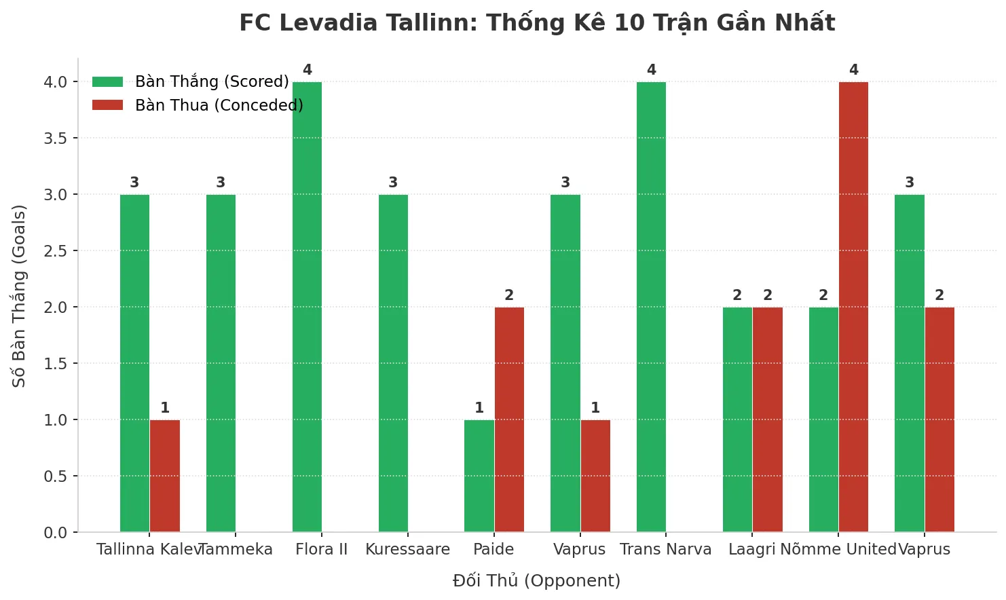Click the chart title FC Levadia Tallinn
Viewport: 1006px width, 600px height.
tap(537, 23)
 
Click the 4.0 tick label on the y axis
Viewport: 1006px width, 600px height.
tap(56, 82)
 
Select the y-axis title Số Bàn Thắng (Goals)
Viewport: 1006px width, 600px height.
tap(19, 296)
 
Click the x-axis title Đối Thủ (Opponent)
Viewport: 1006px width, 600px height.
tap(536, 581)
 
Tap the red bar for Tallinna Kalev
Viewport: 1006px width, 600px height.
tap(165, 476)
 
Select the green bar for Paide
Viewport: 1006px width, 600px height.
tap(479, 476)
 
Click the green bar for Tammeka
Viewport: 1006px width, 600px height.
tap(221, 363)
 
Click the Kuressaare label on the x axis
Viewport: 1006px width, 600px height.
tap(407, 550)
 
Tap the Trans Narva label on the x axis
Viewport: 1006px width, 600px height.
tap(665, 550)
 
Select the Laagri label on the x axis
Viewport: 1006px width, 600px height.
tap(751, 550)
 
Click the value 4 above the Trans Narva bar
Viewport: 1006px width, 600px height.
tap(652, 70)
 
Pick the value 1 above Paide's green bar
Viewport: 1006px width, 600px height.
tap(479, 408)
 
